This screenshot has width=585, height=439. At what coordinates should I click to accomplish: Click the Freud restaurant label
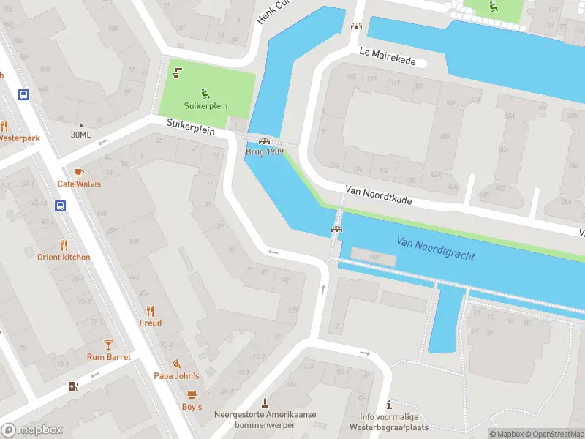point(151,323)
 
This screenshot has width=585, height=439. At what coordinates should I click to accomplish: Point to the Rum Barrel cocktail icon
point(108,344)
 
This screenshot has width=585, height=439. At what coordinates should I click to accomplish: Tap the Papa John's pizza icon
point(176,364)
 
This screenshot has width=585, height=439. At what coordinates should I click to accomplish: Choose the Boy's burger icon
point(192,394)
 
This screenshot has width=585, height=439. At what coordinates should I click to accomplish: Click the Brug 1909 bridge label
point(264,151)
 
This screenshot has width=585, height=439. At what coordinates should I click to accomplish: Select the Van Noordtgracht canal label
point(436,249)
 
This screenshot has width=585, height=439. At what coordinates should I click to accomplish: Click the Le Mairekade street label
point(388,56)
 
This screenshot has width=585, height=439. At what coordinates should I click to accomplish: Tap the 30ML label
point(80,135)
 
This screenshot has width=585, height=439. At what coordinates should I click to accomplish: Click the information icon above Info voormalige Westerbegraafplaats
point(389,405)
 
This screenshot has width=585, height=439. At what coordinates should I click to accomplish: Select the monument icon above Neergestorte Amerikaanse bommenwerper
point(265,402)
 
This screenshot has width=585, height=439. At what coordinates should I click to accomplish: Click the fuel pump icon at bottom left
point(73,386)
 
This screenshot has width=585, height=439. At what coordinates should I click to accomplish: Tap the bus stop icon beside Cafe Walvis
point(60,206)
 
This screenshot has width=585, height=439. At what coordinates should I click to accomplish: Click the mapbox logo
point(32,430)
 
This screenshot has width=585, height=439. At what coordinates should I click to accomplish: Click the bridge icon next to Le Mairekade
point(356,26)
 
